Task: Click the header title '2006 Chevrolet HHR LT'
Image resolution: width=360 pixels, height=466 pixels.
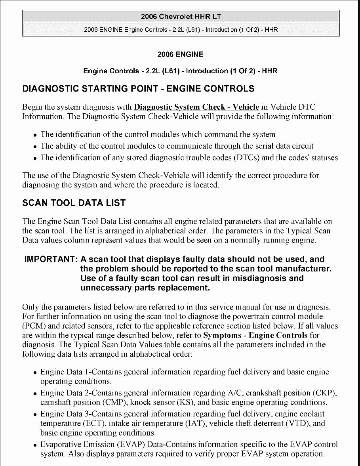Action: point(181,16)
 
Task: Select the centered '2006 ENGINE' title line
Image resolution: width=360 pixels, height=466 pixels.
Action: point(180,54)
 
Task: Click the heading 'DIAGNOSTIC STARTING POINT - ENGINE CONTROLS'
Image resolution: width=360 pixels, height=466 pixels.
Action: point(138,88)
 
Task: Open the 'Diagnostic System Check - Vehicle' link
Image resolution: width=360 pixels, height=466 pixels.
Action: point(197,107)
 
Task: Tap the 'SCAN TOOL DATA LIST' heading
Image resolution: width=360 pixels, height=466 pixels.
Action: point(74,203)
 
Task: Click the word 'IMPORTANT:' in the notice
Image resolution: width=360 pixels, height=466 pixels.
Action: point(51,260)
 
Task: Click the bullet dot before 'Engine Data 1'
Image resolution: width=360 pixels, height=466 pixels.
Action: point(35,373)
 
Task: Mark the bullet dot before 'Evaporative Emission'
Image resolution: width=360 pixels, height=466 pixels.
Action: point(35,445)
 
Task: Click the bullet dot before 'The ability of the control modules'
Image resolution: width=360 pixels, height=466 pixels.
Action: point(35,147)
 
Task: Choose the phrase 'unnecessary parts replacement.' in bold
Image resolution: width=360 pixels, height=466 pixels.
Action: point(145,288)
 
